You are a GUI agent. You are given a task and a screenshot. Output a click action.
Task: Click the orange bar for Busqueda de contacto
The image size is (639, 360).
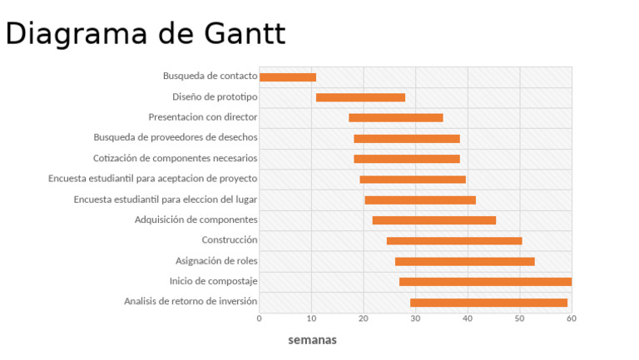[288, 77]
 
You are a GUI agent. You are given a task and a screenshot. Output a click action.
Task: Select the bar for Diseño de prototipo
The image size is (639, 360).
[360, 97]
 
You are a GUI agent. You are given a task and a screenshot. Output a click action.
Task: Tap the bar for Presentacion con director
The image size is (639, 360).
[395, 118]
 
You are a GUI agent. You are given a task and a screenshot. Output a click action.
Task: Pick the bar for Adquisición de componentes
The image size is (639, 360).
[433, 220]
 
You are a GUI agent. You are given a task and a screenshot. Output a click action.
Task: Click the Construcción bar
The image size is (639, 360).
[454, 241]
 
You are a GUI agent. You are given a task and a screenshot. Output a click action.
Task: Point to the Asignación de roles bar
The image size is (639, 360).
[464, 261]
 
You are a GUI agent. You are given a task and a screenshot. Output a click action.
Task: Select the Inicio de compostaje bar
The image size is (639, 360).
[485, 282]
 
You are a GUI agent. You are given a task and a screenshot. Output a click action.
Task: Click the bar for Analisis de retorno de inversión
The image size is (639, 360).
[488, 303]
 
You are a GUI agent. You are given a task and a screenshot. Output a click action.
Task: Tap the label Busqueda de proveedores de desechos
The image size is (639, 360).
[175, 137]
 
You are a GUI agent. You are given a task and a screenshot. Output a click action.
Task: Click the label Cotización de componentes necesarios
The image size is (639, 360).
[175, 158]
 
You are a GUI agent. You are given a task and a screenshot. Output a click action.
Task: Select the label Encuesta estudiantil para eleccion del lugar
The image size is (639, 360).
[165, 200]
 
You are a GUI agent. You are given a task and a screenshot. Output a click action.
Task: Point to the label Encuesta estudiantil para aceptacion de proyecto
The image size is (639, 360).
[152, 179]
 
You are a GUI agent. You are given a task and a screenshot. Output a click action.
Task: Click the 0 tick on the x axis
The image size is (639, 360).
[260, 318]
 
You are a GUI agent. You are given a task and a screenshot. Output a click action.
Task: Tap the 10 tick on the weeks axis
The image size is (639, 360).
[311, 318]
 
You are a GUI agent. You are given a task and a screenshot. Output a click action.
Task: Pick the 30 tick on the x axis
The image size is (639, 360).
[415, 318]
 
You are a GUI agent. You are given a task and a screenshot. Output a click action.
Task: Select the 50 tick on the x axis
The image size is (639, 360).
[519, 318]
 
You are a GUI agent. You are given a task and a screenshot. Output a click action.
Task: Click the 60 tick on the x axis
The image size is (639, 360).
[571, 318]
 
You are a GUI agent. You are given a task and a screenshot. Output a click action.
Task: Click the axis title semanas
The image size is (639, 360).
[312, 340]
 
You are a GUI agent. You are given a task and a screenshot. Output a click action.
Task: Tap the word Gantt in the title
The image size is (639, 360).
[244, 33]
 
